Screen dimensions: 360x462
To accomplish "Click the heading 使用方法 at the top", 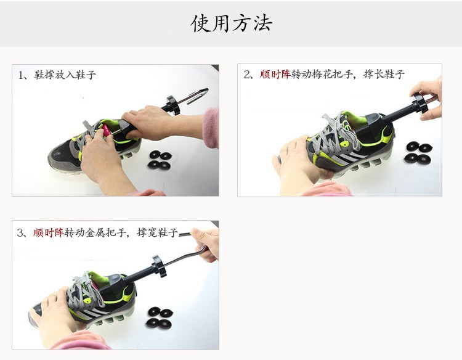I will [231, 23].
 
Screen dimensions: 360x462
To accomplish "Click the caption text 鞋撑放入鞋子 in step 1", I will [65, 75].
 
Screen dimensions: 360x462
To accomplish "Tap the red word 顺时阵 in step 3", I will [48, 232].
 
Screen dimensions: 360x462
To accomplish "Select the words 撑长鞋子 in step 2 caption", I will [384, 75].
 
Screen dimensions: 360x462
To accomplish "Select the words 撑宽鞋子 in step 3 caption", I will [157, 232].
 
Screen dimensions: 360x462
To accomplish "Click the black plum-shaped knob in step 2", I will [421, 101].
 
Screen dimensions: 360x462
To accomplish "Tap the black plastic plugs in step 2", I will [418, 152].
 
